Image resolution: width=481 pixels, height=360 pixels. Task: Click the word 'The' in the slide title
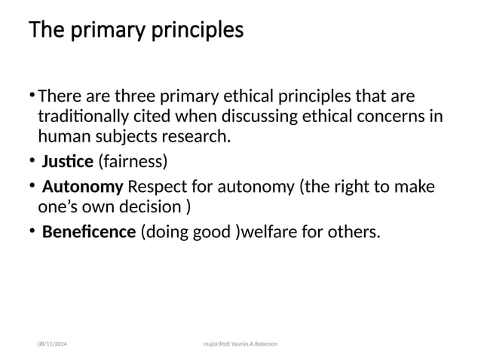click(x=44, y=32)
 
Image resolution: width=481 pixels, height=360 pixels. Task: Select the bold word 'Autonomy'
click(x=83, y=186)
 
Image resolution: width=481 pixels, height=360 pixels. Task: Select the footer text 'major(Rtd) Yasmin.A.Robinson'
click(x=240, y=343)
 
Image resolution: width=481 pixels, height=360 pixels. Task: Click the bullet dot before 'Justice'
click(x=33, y=160)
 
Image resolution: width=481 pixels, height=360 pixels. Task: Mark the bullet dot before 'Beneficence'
click(x=33, y=230)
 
